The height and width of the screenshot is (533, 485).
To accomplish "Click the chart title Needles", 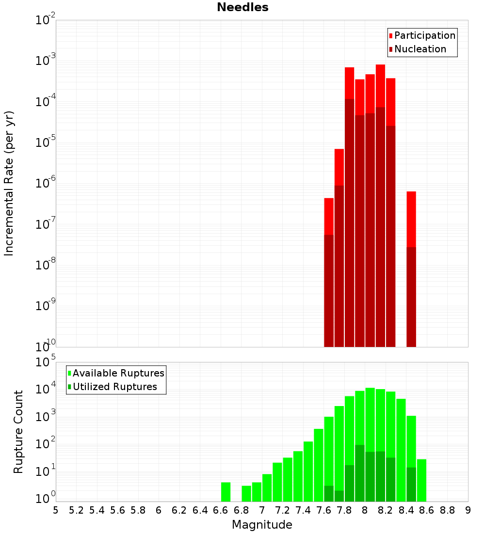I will click(x=242, y=7).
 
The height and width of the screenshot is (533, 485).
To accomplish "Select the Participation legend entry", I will click(x=425, y=35).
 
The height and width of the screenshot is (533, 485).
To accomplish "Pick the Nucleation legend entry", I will click(x=420, y=49).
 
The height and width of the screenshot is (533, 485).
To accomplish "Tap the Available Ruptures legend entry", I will click(x=118, y=373).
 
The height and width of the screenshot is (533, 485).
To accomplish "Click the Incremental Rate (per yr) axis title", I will click(x=9, y=183).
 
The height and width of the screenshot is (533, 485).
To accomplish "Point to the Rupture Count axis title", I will click(x=18, y=432).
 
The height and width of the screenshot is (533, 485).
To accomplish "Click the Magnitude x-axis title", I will click(x=262, y=525).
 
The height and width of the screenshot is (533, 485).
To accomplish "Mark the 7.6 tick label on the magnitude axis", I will click(x=323, y=510).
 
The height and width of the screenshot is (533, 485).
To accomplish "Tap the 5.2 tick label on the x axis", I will click(x=76, y=510).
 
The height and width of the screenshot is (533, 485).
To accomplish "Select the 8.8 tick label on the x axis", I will click(x=447, y=510).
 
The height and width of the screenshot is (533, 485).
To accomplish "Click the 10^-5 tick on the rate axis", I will click(x=46, y=142).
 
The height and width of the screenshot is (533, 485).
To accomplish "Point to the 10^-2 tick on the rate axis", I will click(x=46, y=20).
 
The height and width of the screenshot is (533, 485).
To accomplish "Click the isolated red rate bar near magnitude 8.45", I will click(x=411, y=218).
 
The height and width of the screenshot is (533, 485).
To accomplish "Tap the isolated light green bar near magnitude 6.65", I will click(x=226, y=492).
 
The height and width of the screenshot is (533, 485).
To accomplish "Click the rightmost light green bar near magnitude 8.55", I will click(x=421, y=480).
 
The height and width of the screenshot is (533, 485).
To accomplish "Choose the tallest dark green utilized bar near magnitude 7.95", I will click(x=360, y=473).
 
